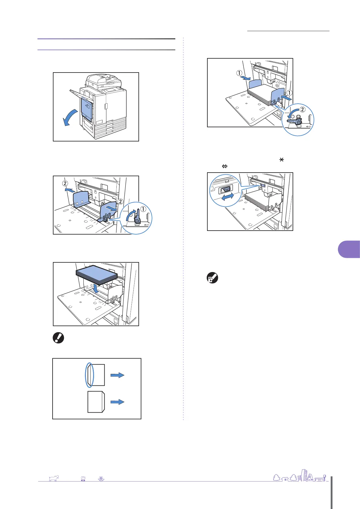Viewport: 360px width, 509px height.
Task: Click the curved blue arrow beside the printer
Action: point(70,119)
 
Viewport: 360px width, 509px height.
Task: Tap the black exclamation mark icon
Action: point(58,338)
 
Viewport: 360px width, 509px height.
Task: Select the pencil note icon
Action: point(212,278)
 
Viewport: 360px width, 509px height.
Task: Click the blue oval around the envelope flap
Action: point(89,375)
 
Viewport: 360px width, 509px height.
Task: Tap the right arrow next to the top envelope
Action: point(117,375)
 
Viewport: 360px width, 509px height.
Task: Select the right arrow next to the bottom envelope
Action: point(117,402)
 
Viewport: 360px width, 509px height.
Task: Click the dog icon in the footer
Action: point(54,478)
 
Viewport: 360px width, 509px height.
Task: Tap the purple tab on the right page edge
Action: point(349,249)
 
